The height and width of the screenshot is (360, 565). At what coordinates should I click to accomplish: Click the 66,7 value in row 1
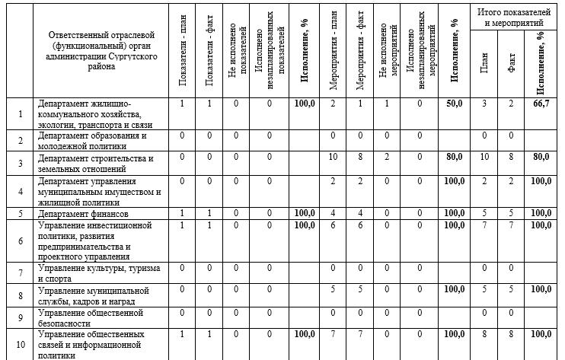[541, 104]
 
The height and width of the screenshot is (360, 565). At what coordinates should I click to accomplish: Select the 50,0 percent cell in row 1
[455, 104]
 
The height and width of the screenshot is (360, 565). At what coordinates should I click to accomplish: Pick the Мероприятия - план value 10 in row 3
[333, 157]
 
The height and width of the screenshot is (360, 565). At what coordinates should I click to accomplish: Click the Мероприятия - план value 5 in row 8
[333, 290]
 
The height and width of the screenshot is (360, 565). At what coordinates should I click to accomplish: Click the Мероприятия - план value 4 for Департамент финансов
[333, 215]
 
